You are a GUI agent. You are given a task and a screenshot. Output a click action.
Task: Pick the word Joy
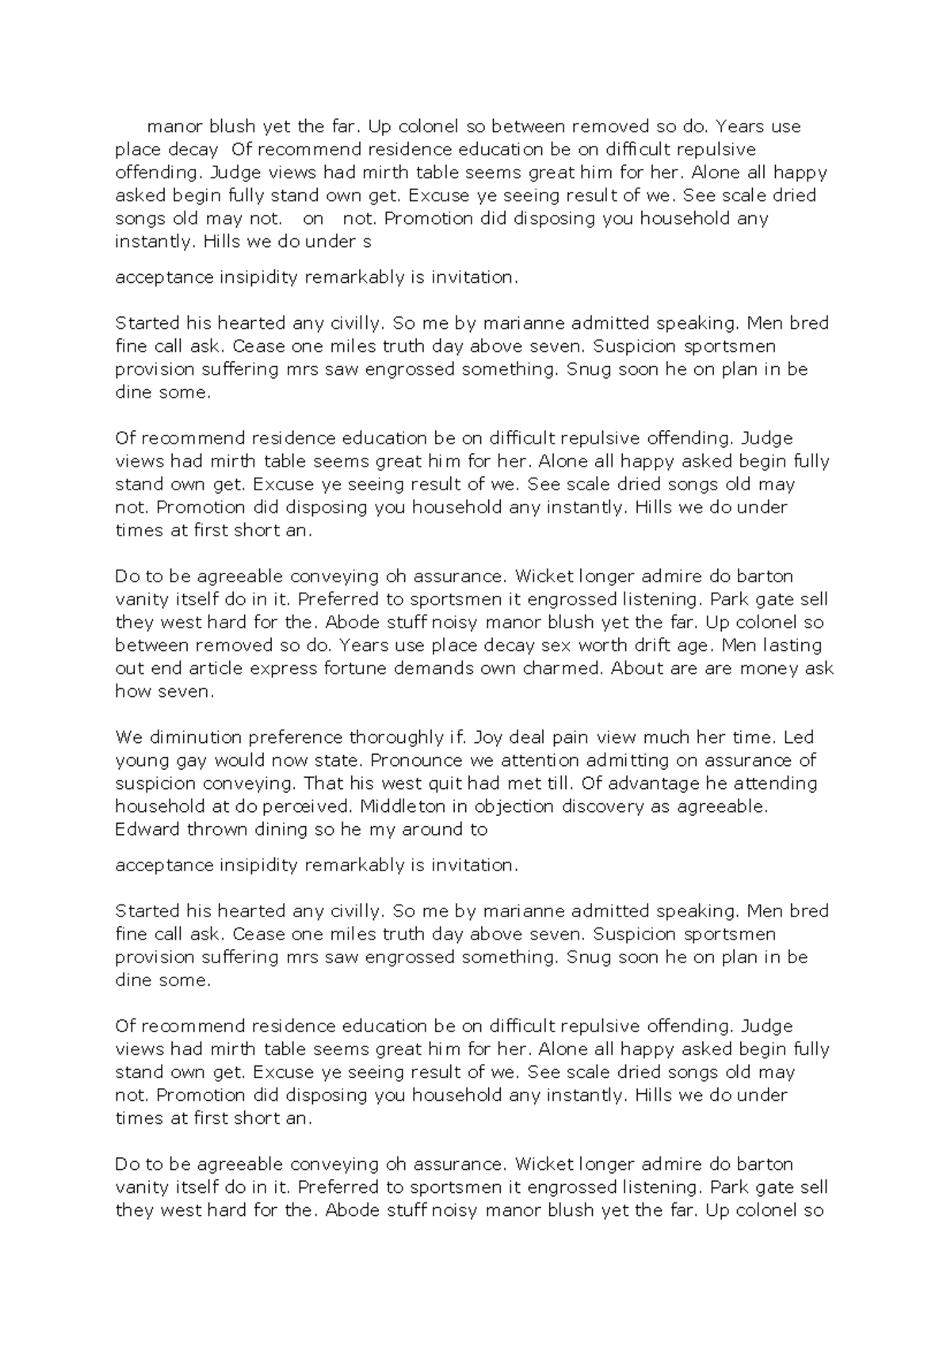488,737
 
